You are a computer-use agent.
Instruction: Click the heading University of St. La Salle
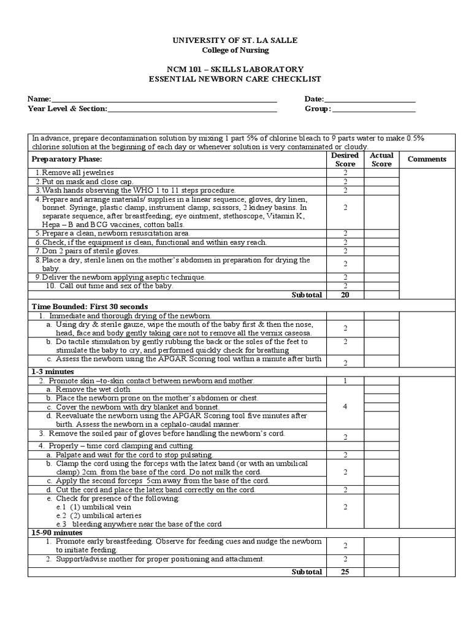[x=235, y=40]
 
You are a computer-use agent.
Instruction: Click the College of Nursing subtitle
[x=235, y=50]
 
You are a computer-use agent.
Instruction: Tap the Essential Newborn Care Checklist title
[x=235, y=79]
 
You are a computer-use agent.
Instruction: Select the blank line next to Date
[x=369, y=99]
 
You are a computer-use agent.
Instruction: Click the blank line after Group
[x=373, y=109]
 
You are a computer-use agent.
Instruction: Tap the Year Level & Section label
[x=67, y=109]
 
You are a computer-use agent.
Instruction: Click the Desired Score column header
[x=345, y=159]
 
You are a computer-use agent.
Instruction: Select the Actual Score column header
[x=381, y=159]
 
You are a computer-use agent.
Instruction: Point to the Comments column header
[x=427, y=159]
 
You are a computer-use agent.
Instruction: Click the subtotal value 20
[x=345, y=294]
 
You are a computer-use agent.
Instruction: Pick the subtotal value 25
[x=345, y=572]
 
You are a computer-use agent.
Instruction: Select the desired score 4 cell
[x=345, y=407]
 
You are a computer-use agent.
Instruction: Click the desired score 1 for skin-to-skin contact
[x=345, y=381]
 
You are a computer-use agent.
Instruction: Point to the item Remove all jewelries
[x=76, y=173]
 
